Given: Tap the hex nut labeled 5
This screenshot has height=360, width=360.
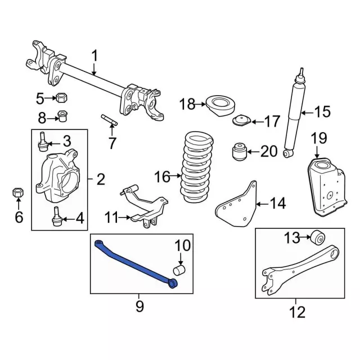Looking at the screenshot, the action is [61, 98].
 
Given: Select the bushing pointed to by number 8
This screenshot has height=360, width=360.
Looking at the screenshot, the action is [62, 116].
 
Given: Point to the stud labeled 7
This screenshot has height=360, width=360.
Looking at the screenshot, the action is [110, 120].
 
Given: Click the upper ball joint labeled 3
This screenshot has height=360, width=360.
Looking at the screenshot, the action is [43, 141].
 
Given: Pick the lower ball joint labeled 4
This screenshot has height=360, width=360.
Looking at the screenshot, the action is [56, 216].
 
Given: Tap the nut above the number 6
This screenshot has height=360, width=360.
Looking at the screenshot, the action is [18, 193].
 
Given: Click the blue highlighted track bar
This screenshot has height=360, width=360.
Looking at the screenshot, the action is [136, 264].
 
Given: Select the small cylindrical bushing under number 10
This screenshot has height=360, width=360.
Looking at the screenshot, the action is [179, 270].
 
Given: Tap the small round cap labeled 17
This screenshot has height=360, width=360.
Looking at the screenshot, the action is [242, 120].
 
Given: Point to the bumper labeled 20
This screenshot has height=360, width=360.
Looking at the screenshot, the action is [239, 151].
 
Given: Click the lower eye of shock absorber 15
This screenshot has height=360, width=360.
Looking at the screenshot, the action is [289, 153].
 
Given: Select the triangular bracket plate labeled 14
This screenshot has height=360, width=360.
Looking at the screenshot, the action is [236, 204].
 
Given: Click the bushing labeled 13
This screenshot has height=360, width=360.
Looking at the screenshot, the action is [318, 237].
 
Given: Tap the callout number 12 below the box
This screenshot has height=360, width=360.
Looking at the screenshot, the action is [298, 312].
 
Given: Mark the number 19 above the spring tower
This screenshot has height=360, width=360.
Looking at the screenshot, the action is [319, 138].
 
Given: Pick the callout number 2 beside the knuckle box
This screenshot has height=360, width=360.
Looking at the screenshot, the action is [101, 179].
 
